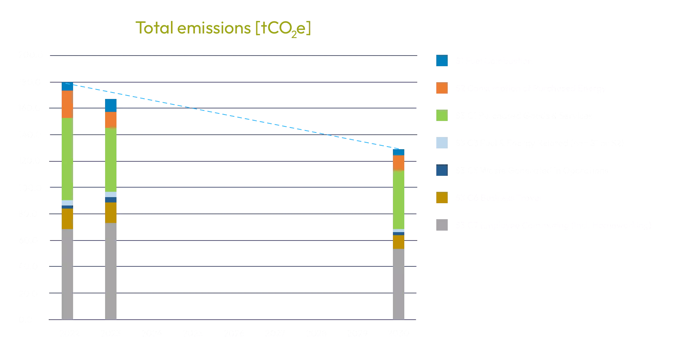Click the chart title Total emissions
223,28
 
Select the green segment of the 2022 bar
67,159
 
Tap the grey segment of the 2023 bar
111,271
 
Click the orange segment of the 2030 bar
399,162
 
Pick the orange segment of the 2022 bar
67,104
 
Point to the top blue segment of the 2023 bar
111,105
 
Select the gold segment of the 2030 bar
399,242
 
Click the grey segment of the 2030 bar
399,284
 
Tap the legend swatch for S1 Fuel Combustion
442,61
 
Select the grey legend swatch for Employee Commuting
442,225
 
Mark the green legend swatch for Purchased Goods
442,115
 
